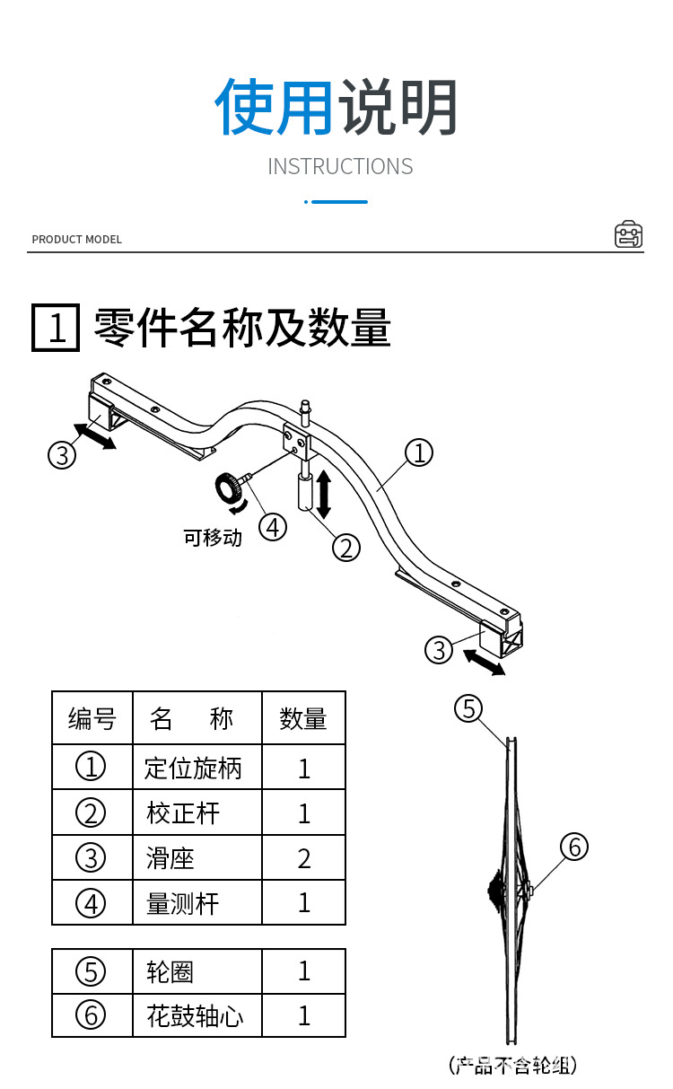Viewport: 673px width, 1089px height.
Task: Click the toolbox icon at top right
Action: coord(628,234)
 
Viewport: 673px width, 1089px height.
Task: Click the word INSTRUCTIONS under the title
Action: coord(340,167)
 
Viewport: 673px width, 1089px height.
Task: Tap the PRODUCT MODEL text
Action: coord(76,240)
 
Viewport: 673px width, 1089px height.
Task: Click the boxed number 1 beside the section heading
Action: coord(57,328)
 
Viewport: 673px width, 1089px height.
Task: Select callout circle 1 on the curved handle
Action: coord(418,452)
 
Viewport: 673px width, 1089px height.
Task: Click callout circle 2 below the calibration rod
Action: coord(346,546)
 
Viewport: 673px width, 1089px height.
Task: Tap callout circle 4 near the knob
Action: coord(273,527)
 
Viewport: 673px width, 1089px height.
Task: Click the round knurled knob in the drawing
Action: coord(228,489)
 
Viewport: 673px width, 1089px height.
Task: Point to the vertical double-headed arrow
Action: coord(324,495)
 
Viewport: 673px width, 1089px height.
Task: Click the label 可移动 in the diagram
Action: coord(213,539)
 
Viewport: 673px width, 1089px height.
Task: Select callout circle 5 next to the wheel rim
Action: coord(468,708)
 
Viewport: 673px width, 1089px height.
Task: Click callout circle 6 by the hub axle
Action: coord(574,847)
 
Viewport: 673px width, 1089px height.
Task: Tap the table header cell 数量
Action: coord(303,719)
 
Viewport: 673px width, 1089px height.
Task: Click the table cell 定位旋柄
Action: coord(193,768)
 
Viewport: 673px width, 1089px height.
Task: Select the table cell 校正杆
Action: coord(183,813)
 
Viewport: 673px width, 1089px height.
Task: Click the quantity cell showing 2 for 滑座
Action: coord(303,858)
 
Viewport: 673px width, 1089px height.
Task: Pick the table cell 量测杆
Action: coord(183,903)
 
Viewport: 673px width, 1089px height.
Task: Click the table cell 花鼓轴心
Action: coord(195,1016)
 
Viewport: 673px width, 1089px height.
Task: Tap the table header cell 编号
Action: coord(92,719)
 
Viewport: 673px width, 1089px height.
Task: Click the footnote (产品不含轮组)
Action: coord(512,1066)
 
